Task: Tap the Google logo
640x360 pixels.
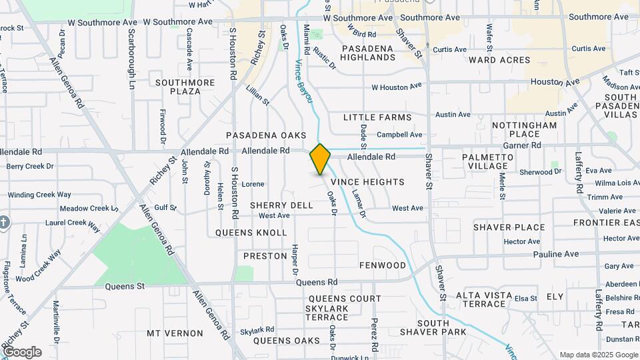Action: (x=21, y=352)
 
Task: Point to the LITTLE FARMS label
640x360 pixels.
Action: (x=377, y=117)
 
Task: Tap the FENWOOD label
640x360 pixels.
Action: (x=383, y=265)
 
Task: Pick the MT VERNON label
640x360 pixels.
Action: (x=175, y=333)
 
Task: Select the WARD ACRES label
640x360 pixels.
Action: (x=499, y=60)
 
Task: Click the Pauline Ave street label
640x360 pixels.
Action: (x=555, y=254)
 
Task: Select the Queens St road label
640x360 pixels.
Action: (x=125, y=287)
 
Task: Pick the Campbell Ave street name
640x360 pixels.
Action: (x=401, y=135)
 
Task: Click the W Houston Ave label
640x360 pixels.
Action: (x=397, y=87)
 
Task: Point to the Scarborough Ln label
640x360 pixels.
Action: (x=131, y=59)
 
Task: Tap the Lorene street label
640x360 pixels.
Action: (x=253, y=184)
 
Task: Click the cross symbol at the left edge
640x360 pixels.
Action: (x=3, y=222)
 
